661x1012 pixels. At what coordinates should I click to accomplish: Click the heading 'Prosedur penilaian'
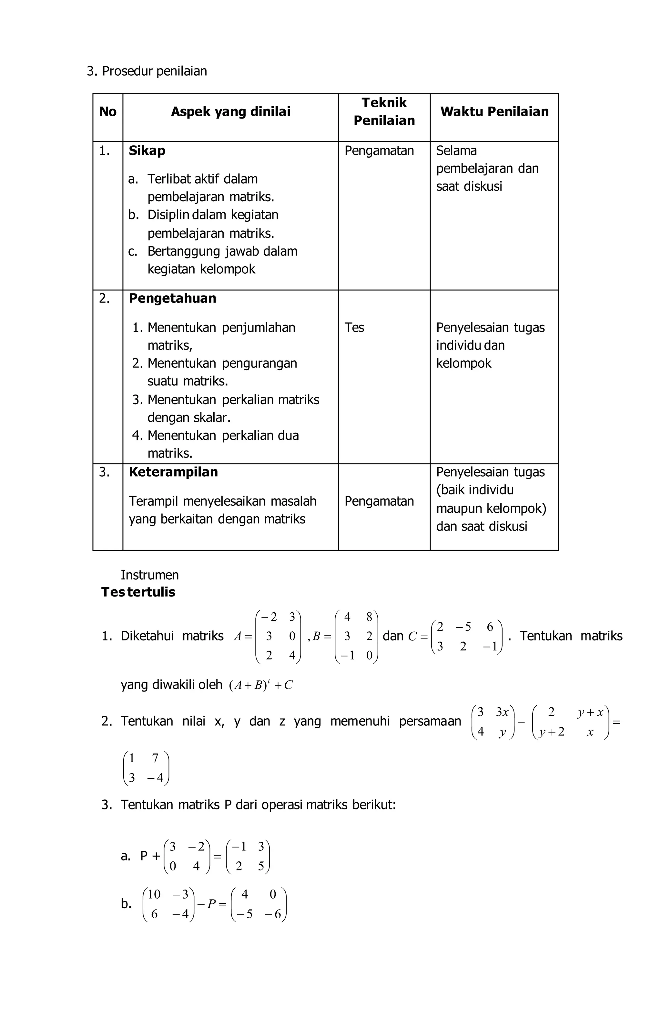coord(154,71)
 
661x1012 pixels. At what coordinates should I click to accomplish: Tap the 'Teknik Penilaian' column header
coord(384,111)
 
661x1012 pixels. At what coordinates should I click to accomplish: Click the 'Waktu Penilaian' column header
coord(494,112)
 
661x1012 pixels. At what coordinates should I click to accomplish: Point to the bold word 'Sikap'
coord(147,151)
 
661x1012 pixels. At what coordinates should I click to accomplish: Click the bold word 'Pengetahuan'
coord(172,299)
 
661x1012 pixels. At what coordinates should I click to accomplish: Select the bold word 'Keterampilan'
coord(173,472)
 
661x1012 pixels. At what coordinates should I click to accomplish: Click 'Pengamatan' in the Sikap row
coord(379,151)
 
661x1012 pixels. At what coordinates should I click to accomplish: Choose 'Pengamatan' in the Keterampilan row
coord(379,501)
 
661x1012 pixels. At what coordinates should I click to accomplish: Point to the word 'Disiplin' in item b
coord(168,215)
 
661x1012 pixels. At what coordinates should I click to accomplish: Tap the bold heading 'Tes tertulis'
coord(138,592)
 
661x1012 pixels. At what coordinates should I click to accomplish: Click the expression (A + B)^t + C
coord(260,685)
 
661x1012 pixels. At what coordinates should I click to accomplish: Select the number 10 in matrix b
coord(154,895)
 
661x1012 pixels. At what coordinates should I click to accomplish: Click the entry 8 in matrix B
coord(369,617)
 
